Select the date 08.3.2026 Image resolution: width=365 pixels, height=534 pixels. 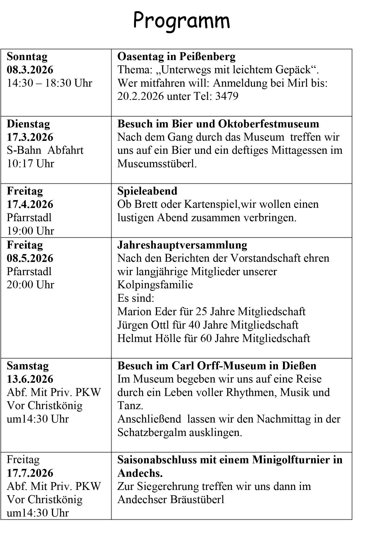point(30,70)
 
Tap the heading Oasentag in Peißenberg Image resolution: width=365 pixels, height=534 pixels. point(176,56)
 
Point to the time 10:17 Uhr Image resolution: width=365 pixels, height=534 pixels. point(30,164)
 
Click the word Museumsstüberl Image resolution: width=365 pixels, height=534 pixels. point(157,164)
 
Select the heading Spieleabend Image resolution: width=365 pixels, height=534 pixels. point(147,191)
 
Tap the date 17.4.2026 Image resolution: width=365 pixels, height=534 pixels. point(30,204)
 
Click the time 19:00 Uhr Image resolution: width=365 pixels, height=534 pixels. point(30,231)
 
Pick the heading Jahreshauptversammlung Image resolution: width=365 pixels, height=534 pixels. point(182,245)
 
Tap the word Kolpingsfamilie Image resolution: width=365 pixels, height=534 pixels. point(155,285)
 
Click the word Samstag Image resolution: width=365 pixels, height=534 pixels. point(28,366)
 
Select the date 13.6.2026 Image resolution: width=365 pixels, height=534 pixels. point(30,379)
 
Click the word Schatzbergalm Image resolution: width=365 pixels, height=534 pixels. point(152,432)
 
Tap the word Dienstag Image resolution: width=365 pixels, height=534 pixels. point(28,124)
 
